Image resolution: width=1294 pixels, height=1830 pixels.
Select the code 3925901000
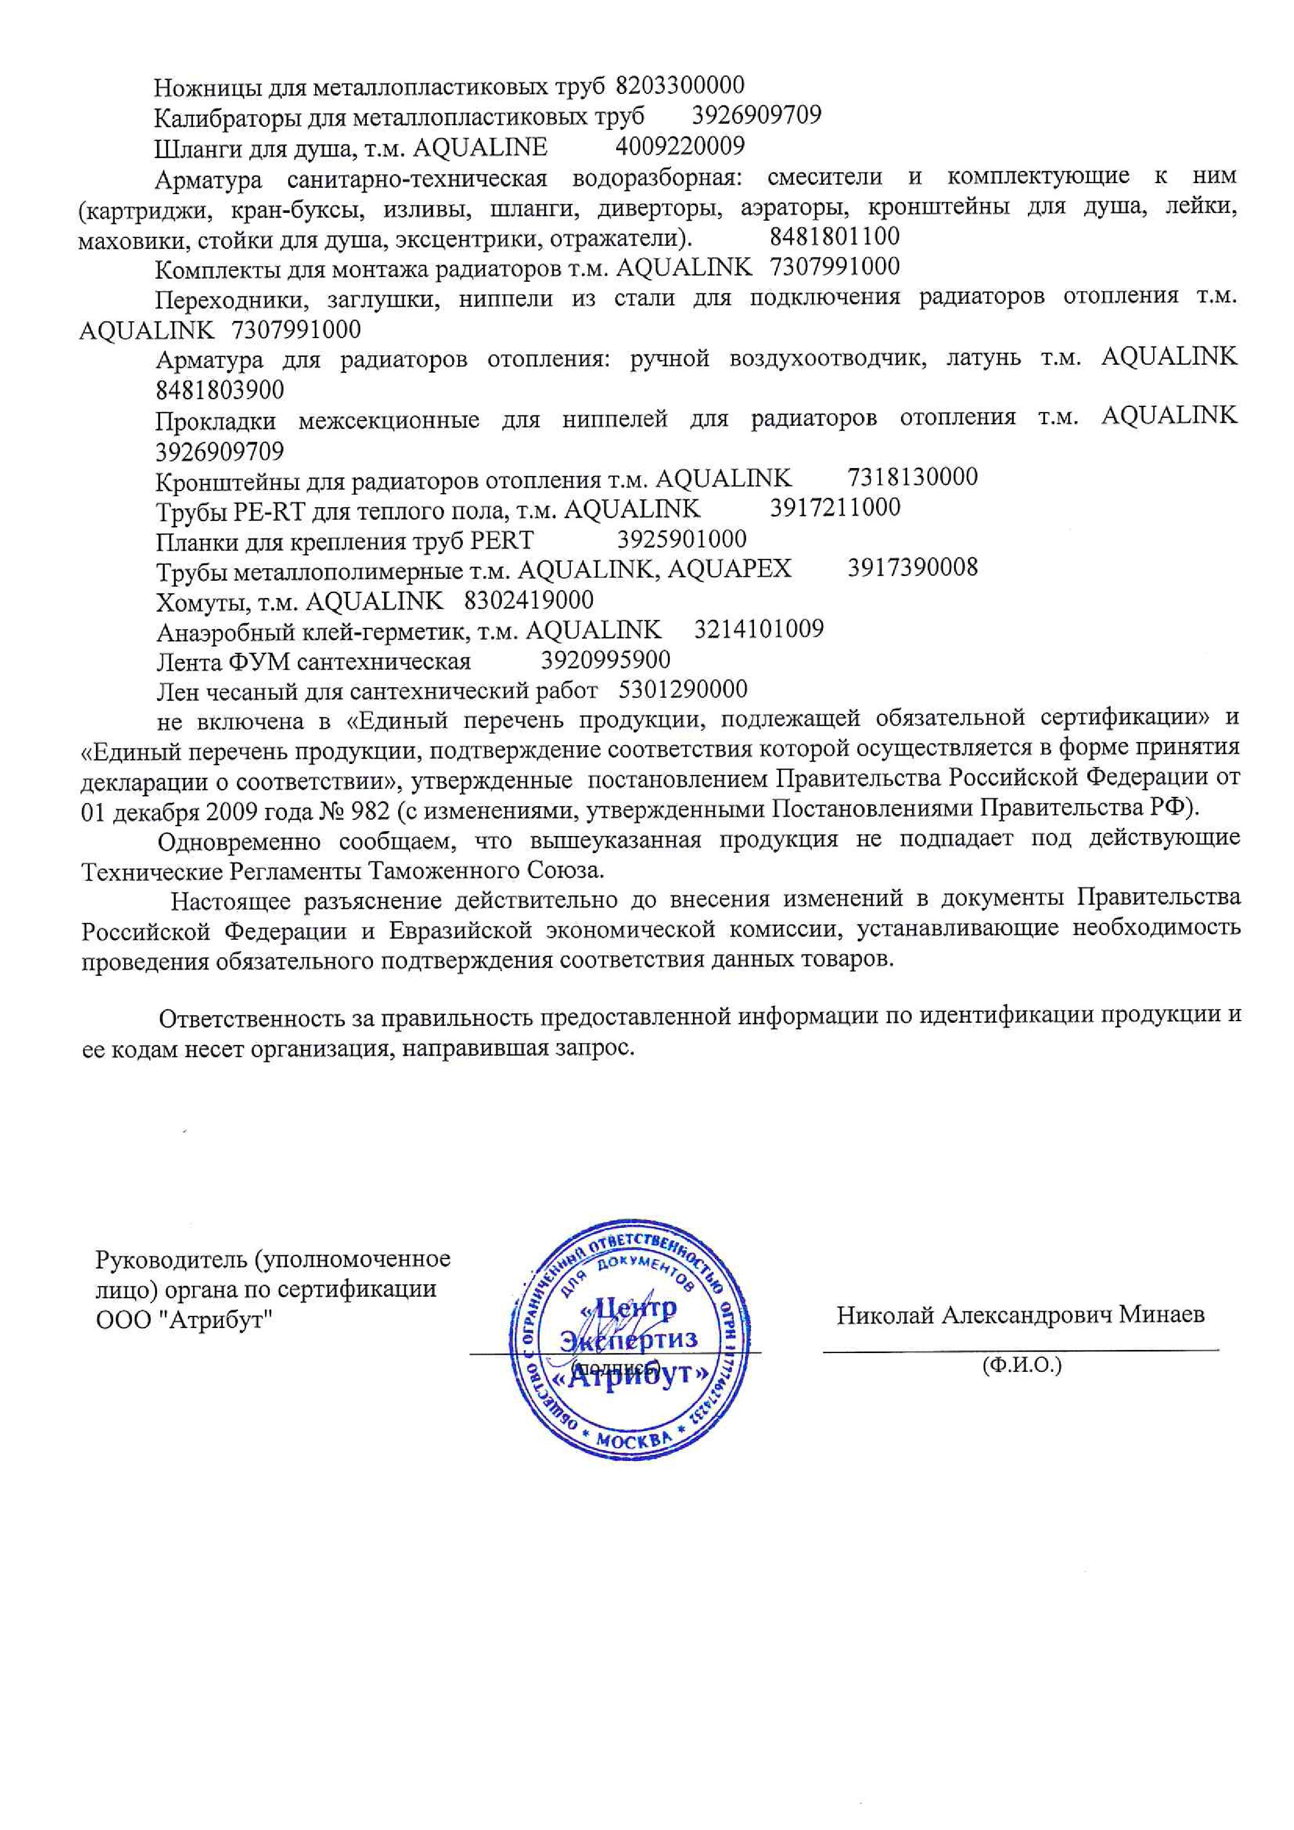coord(681,539)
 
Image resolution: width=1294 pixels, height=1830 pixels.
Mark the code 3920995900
coord(606,660)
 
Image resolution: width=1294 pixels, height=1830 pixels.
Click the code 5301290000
coord(683,689)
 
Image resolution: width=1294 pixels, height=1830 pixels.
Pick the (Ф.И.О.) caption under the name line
coord(1022,1366)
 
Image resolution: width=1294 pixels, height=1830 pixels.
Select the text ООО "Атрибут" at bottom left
coord(184,1320)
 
